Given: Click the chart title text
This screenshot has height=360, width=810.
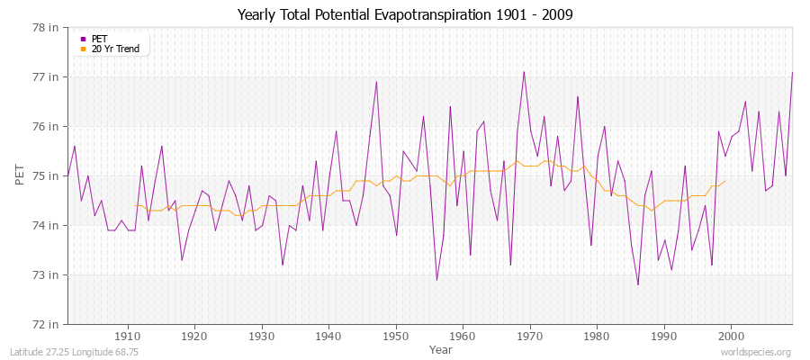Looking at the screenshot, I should pyautogui.click(x=404, y=14).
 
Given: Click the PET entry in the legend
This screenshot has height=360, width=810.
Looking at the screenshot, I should pyautogui.click(x=99, y=39).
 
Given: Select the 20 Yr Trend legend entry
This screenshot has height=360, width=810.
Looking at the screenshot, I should pyautogui.click(x=115, y=49).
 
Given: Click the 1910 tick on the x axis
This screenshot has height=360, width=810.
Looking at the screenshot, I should pyautogui.click(x=127, y=337).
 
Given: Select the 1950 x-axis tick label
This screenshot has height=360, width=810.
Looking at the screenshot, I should pyautogui.click(x=396, y=337).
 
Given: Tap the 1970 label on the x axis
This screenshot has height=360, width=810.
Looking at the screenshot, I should pyautogui.click(x=530, y=337).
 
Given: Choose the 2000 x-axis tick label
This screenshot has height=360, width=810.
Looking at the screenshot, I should pyautogui.click(x=732, y=337).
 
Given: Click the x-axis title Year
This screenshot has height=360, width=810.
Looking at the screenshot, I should pyautogui.click(x=441, y=349).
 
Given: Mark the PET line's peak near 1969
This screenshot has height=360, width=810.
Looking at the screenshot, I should pyautogui.click(x=524, y=72).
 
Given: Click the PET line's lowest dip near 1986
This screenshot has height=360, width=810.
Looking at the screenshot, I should pyautogui.click(x=638, y=284).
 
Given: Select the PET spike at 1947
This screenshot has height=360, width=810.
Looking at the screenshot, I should pyautogui.click(x=376, y=82).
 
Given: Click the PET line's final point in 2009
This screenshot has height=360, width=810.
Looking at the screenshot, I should pyautogui.click(x=792, y=72).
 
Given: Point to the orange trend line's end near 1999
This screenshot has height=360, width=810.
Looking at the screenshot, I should pyautogui.click(x=724, y=181).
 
